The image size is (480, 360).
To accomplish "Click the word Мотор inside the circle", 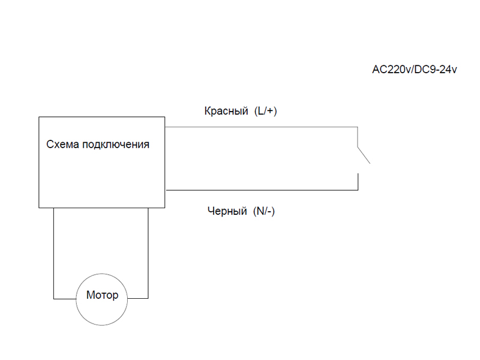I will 102,296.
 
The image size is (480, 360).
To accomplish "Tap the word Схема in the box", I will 63,145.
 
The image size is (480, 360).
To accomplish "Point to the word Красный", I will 226,112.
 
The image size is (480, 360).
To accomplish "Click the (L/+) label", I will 265,112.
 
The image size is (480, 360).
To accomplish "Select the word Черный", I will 227,211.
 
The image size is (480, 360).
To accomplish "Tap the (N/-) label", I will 264,211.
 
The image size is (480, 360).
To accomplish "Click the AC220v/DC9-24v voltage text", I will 415,70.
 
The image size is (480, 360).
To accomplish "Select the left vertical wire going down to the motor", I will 53,252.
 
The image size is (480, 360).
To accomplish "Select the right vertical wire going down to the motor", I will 148,252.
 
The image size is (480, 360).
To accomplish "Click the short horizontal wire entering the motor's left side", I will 64,298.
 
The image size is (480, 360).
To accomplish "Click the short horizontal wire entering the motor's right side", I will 138,298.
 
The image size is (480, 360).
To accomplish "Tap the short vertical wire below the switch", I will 358,182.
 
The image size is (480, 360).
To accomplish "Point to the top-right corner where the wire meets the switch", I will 358,127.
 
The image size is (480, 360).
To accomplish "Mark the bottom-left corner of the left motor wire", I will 53,298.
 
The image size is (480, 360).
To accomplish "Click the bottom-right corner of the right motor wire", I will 148,298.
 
